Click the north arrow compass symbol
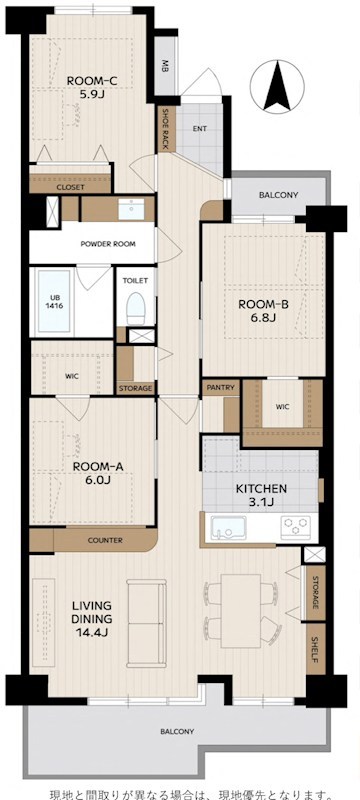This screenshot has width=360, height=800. (x=277, y=87)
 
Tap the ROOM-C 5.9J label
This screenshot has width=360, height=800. (x=85, y=87)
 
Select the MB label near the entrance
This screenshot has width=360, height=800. (x=165, y=65)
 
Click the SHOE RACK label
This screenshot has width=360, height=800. (x=166, y=130)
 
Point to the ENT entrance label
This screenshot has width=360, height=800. (x=200, y=129)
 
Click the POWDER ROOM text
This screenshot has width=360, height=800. (x=108, y=244)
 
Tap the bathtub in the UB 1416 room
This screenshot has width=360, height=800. (x=54, y=301)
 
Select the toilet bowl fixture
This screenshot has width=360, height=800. (x=136, y=308)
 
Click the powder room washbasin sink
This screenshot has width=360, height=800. (x=131, y=209)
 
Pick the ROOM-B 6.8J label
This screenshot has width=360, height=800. (x=264, y=312)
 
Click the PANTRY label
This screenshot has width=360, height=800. (x=221, y=387)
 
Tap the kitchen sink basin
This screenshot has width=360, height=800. (x=228, y=527)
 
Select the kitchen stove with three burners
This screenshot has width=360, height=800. (x=296, y=527)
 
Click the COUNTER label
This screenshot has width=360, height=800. (x=105, y=540)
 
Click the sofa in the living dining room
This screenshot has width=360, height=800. (x=147, y=623)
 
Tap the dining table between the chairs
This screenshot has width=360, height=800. (x=241, y=611)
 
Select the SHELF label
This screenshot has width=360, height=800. (x=315, y=649)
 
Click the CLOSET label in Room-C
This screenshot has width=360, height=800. (x=70, y=187)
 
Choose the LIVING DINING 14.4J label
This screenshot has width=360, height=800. (x=92, y=619)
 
